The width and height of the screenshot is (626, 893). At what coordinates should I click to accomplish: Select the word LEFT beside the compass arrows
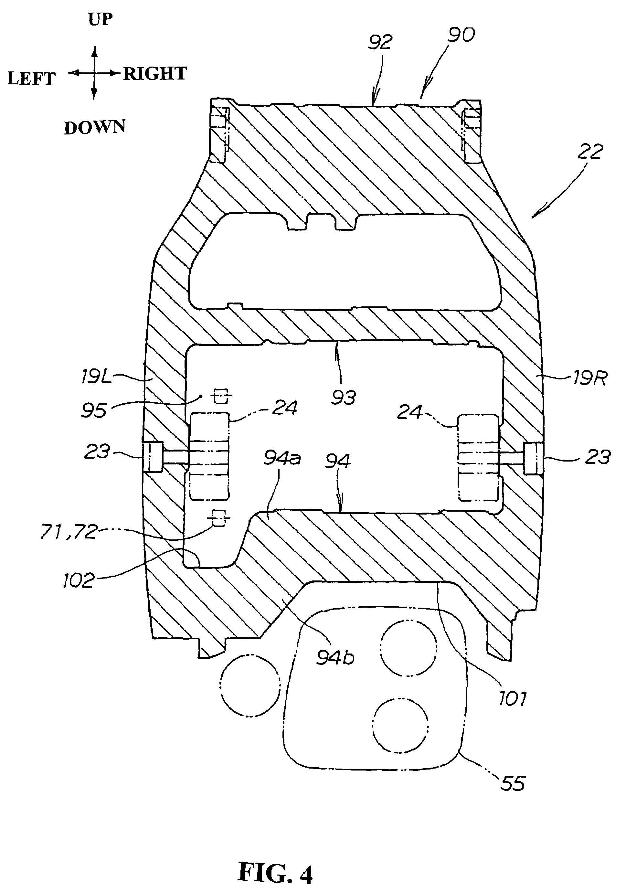click(x=31, y=79)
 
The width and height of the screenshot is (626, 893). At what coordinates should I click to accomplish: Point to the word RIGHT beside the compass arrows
click(x=155, y=73)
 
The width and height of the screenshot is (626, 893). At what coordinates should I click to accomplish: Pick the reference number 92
click(x=380, y=42)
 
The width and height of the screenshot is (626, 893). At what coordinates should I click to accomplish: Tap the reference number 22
click(x=590, y=152)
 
